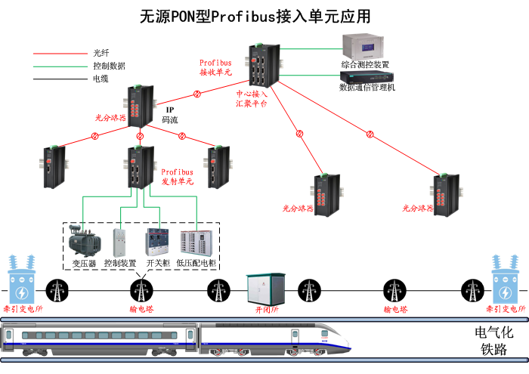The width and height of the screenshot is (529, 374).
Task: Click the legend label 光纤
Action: tap(101, 54)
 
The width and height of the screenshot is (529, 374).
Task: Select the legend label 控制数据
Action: tap(108, 66)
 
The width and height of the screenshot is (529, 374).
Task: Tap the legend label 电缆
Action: tap(101, 78)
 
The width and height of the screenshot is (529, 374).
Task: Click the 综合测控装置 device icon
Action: tap(364, 46)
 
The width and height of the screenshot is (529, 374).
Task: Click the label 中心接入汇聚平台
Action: tap(252, 99)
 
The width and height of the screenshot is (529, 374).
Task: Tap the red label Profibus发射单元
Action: tap(178, 177)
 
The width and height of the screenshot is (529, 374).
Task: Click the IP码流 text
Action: tap(170, 115)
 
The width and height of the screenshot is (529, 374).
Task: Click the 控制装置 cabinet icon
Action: tap(120, 240)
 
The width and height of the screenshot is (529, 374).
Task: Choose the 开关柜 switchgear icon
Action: tap(157, 240)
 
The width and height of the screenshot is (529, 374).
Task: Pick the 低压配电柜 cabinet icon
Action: tap(196, 241)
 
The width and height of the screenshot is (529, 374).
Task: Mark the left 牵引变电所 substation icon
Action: tap(21, 280)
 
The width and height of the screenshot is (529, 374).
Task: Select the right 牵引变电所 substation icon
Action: tap(507, 280)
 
